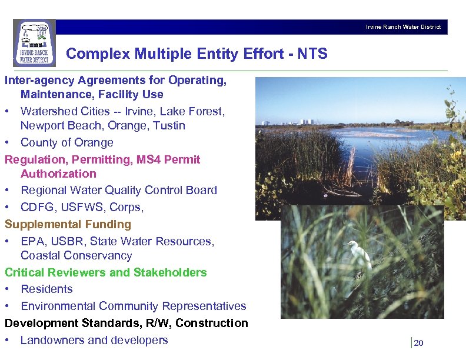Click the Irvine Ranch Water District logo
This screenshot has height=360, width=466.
point(34,42)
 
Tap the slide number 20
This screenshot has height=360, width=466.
point(418,344)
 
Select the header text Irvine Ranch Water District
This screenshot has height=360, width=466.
point(403,27)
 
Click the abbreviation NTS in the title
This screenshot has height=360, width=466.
point(312,54)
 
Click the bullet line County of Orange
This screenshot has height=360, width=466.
point(66,142)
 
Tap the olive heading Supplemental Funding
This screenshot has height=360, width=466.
point(68,224)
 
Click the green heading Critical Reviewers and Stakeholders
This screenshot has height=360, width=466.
point(106,272)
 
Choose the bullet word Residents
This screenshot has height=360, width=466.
point(46,289)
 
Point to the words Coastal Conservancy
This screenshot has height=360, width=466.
point(76,255)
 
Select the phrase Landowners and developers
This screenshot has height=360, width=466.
point(94,340)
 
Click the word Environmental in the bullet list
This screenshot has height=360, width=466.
point(58,306)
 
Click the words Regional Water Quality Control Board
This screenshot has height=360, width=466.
point(119,190)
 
